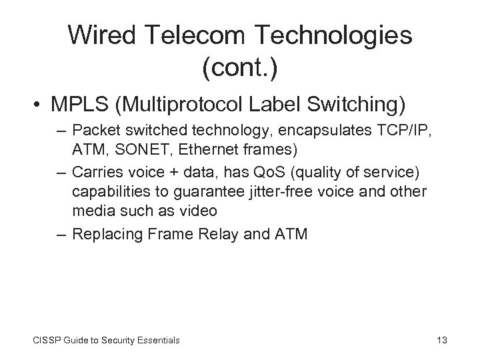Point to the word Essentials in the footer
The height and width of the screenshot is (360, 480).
click(157, 341)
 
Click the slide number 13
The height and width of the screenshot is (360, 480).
click(441, 341)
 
